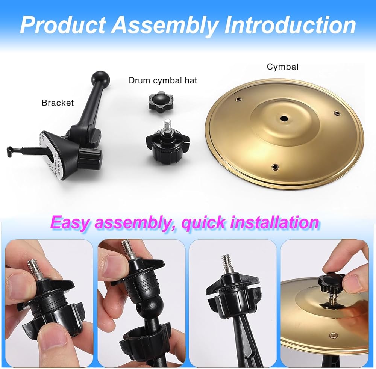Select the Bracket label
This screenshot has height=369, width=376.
pyautogui.click(x=58, y=103)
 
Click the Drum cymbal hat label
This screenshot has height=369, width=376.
pyautogui.click(x=163, y=80)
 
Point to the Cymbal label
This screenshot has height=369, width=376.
pyautogui.click(x=282, y=67)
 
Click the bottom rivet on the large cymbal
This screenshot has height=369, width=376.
pyautogui.click(x=276, y=166)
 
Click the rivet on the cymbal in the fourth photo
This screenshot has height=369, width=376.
pyautogui.click(x=333, y=334)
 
